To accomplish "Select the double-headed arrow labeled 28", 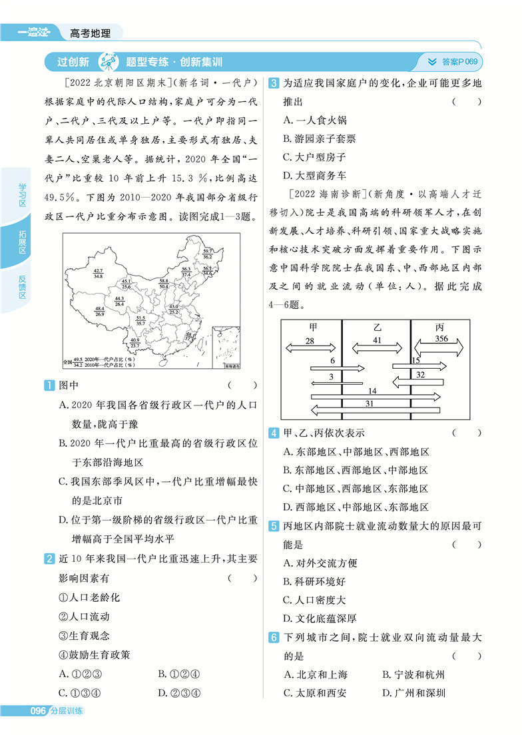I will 310,348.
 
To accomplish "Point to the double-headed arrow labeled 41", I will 377,348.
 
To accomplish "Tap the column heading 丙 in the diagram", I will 439,328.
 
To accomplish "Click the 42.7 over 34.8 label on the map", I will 99,273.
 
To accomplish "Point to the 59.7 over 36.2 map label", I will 207,253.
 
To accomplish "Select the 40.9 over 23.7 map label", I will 134,343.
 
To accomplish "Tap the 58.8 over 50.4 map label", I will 163,284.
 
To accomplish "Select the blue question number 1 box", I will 49,385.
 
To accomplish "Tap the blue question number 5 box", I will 273,526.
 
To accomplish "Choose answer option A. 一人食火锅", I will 315,121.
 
